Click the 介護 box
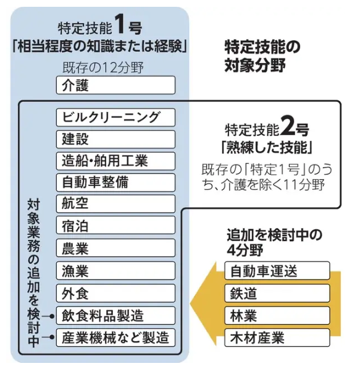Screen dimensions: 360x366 point(115,85)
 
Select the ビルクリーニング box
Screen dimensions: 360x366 point(115,117)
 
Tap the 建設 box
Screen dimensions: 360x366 point(115,139)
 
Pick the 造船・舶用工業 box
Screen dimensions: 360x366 point(115,161)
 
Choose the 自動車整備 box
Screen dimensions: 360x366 point(115,182)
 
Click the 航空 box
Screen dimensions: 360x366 point(115,204)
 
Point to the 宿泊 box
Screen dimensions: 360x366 point(115,225)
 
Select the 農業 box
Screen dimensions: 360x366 point(115,248)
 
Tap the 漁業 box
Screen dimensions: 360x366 point(115,271)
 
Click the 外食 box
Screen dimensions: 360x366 point(115,293)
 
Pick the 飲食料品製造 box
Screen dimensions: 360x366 point(115,315)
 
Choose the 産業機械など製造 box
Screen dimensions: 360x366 point(115,338)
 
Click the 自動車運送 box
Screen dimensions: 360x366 point(277,271)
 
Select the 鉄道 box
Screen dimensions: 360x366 point(277,293)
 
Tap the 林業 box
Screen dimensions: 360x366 point(277,315)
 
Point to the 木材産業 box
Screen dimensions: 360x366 point(277,338)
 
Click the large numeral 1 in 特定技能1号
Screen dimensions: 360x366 point(120,24)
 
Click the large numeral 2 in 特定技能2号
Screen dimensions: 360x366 point(288,126)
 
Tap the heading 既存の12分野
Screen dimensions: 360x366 point(103,68)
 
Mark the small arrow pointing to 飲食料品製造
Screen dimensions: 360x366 point(48,317)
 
